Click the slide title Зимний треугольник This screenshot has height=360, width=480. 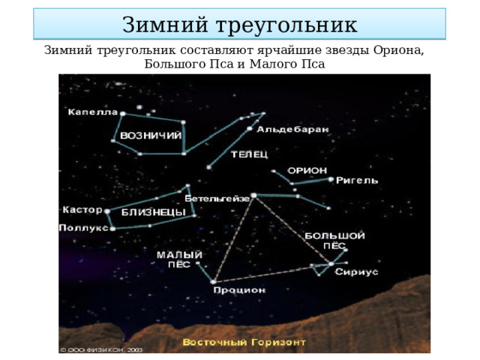[x=239, y=25]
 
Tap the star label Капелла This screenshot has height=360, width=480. [x=91, y=112]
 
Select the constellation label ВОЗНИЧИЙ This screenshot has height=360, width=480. [x=151, y=136]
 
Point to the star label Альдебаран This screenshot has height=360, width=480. [x=292, y=129]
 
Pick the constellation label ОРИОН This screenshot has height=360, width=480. [x=307, y=170]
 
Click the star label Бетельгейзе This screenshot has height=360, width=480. [x=217, y=199]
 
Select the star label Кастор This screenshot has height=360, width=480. [x=82, y=209]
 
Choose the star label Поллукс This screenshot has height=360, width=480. [x=83, y=226]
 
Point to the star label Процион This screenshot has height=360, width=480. [x=238, y=289]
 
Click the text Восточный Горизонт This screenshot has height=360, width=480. [x=244, y=342]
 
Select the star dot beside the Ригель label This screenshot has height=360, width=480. [x=331, y=179]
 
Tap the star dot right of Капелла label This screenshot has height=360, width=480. [x=122, y=114]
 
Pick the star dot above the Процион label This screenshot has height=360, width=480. [x=214, y=281]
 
